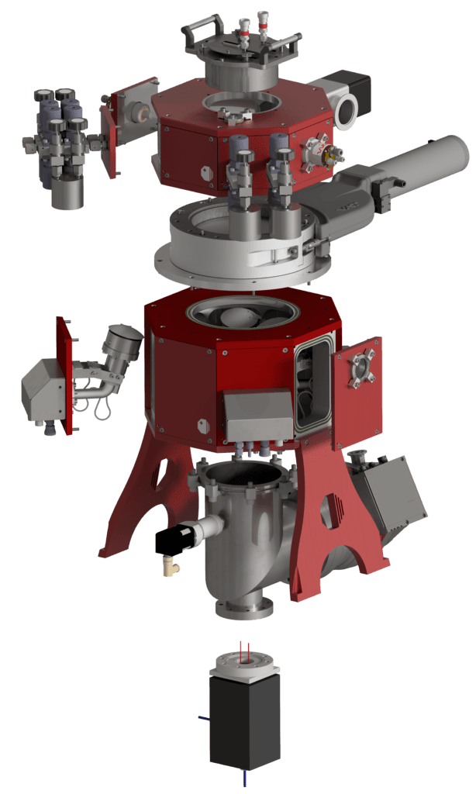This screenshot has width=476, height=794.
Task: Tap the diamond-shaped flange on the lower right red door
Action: click(x=360, y=369)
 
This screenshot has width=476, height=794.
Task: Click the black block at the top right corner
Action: click(x=353, y=89)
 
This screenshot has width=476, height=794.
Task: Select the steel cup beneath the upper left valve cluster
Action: click(x=67, y=195)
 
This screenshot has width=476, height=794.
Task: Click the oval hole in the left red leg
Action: click(x=161, y=475)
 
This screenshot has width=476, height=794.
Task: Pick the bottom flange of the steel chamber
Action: click(x=244, y=608)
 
